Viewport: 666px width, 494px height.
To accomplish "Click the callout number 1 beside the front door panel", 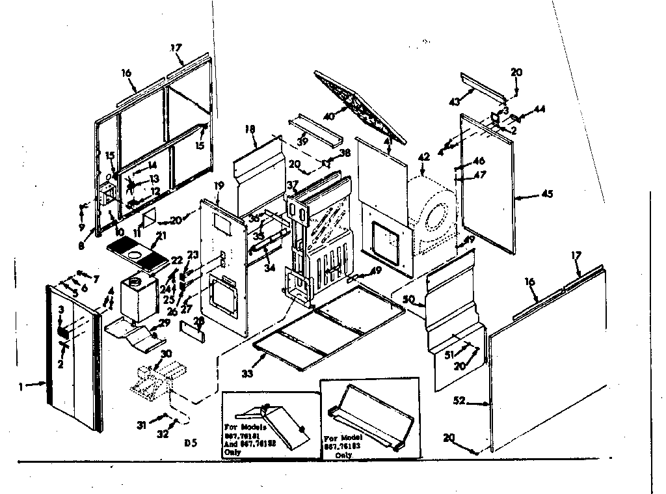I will click(x=21, y=385).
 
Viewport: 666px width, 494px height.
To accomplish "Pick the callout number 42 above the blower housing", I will click(x=423, y=156).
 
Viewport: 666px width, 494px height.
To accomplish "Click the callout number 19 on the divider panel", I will click(x=219, y=186).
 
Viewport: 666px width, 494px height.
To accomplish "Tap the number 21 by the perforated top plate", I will click(x=161, y=235).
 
